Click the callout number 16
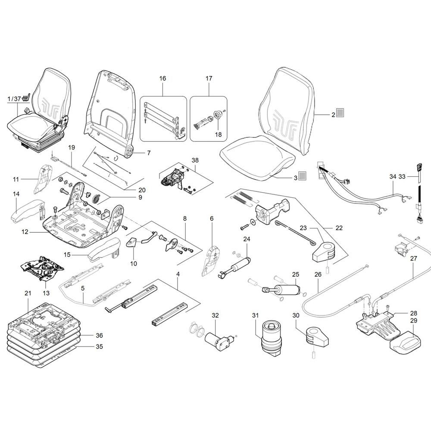[x=163, y=78]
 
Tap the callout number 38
[x=195, y=160]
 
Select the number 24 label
[x=247, y=239]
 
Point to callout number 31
[x=255, y=315]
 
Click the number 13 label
[x=46, y=293]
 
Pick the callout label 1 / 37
[x=14, y=98]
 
